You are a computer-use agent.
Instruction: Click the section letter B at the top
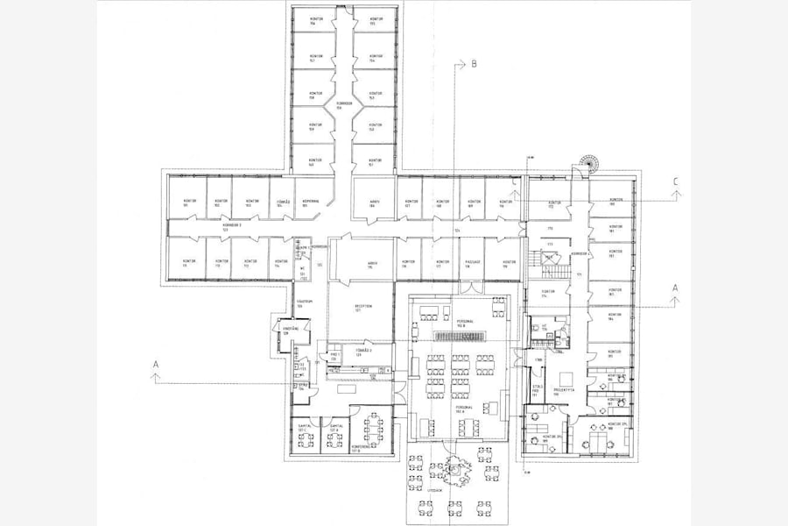[x=474, y=64]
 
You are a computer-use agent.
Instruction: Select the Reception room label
[x=363, y=308]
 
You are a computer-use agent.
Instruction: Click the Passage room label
[x=468, y=263]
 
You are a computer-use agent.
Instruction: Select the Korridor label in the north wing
[x=344, y=106]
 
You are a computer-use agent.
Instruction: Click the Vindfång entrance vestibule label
[x=285, y=331]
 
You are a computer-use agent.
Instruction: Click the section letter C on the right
[x=675, y=181]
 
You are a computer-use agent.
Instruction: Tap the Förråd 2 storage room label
[x=363, y=351]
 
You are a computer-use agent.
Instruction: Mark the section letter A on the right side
[x=675, y=288]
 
